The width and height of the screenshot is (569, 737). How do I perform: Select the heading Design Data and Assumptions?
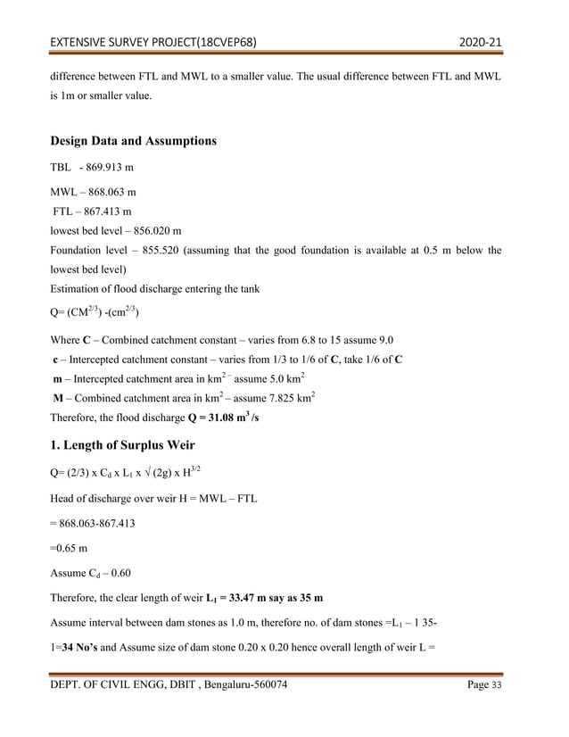pyautogui.click(x=133, y=141)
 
